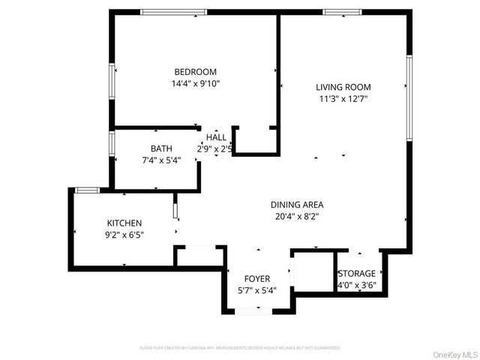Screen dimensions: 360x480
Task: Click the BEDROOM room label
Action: tap(195, 72)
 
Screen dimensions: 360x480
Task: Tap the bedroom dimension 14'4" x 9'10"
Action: tap(195, 84)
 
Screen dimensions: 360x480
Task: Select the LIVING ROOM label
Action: tap(343, 86)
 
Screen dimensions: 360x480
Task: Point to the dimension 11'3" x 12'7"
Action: tap(343, 98)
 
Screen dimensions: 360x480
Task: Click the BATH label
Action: tap(161, 148)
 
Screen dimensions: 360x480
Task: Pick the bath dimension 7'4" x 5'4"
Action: tap(161, 160)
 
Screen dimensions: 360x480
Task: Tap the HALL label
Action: tap(216, 137)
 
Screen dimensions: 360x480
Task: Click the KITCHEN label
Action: tap(124, 223)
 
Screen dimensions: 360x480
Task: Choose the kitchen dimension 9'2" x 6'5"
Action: tap(124, 235)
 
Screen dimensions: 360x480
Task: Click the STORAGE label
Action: tap(356, 273)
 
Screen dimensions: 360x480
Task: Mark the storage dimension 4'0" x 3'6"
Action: tap(356, 284)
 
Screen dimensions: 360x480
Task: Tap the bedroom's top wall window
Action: tap(174, 11)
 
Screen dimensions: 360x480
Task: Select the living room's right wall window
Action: tap(409, 97)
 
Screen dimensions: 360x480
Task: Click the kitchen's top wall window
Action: tap(87, 190)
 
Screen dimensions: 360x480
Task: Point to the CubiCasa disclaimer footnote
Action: tap(240, 348)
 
